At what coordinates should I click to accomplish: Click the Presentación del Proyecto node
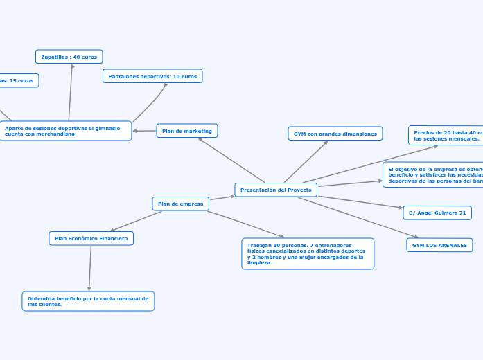[276, 190]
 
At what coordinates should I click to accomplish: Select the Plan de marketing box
[187, 131]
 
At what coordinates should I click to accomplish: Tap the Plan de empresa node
[180, 204]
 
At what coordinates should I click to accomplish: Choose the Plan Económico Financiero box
[91, 238]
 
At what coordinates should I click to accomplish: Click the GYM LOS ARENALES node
[439, 245]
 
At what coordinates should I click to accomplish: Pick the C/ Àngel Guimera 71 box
[437, 213]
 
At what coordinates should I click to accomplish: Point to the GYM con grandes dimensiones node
[335, 134]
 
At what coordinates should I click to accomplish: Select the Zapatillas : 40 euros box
[69, 57]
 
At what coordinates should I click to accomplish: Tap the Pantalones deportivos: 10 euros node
[152, 76]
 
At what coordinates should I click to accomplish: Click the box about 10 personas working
[308, 254]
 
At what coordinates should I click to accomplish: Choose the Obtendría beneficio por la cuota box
[88, 301]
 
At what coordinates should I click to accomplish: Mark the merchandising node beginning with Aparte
[66, 131]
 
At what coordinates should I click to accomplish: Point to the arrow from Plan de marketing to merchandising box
[144, 131]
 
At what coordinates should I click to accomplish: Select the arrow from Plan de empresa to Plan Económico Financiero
[136, 221]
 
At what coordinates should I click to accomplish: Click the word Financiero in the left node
[114, 238]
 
